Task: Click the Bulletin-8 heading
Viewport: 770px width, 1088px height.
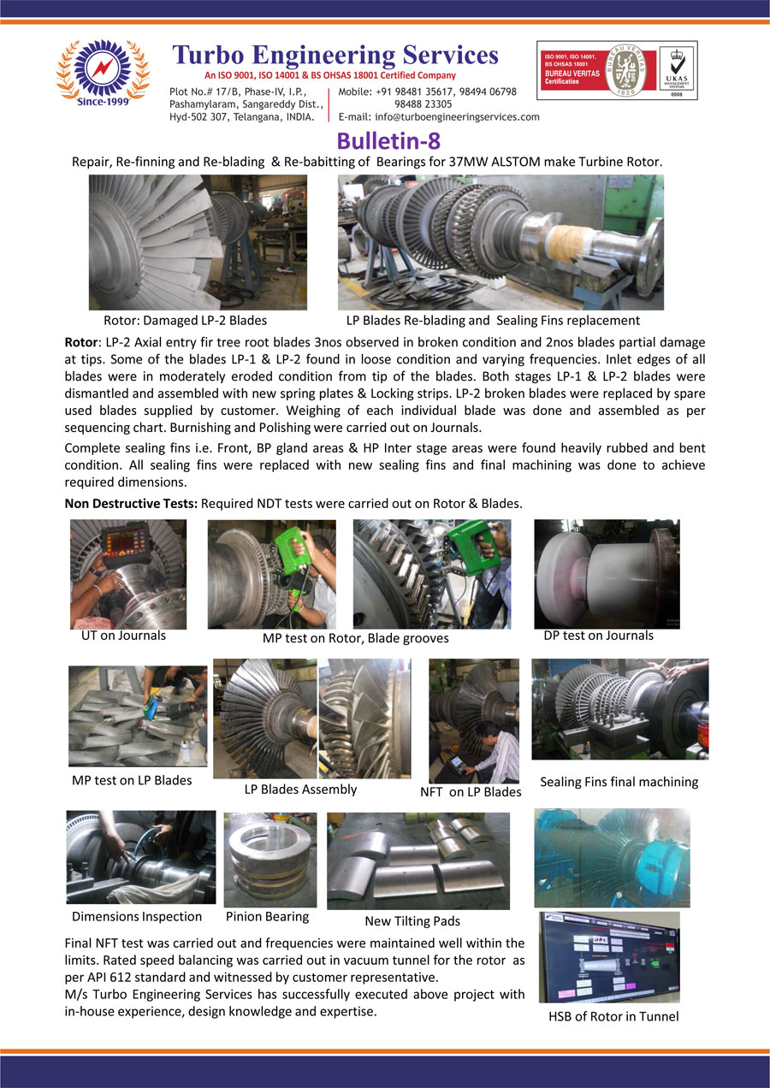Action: point(388,139)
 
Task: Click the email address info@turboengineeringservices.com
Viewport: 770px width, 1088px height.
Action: point(439,117)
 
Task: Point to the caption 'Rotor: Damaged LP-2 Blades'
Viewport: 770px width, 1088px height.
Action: point(185,321)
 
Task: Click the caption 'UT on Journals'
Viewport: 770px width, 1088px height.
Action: point(119,636)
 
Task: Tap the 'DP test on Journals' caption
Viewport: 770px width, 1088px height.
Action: point(598,636)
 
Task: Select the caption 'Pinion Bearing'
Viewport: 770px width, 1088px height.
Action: point(267,917)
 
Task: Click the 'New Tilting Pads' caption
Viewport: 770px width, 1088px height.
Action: point(412,921)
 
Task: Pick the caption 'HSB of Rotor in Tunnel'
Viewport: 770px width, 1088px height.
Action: point(613,1017)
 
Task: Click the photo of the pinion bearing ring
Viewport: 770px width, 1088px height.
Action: point(269,860)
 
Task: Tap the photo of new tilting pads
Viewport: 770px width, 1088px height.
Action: point(418,860)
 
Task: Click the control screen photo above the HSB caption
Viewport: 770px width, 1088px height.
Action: point(609,957)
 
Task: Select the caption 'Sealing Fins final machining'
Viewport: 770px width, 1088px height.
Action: point(619,782)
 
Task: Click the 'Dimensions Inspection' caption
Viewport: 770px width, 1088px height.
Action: point(137,917)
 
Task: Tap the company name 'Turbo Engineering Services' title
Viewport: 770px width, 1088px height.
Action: point(335,55)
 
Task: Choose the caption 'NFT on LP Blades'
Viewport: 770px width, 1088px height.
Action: point(471,792)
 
